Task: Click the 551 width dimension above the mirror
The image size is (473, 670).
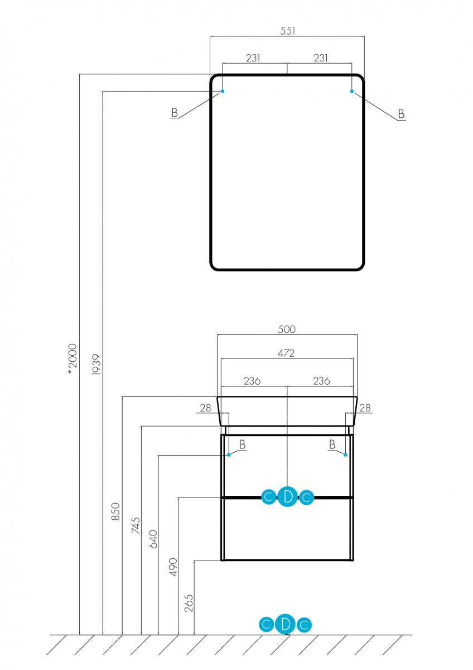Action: click(x=287, y=31)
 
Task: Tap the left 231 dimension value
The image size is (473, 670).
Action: click(x=253, y=58)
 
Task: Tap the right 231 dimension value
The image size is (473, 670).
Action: click(x=321, y=58)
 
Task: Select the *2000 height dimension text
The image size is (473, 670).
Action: click(x=73, y=359)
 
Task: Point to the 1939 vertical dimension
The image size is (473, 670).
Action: click(x=96, y=365)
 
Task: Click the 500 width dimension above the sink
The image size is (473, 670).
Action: click(x=287, y=329)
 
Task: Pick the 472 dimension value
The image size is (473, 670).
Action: click(x=286, y=353)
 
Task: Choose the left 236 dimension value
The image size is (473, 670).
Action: click(x=252, y=381)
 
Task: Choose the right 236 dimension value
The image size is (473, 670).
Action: click(x=321, y=381)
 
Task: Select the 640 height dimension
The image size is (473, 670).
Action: click(x=153, y=539)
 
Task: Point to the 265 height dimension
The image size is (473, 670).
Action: click(x=189, y=604)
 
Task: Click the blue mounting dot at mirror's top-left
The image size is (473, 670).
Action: click(x=223, y=91)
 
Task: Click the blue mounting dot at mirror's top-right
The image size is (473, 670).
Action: click(x=352, y=91)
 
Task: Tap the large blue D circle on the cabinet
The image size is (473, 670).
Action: click(x=287, y=496)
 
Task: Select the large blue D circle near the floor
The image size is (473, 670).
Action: click(x=286, y=624)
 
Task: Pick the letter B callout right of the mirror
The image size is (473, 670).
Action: click(x=401, y=114)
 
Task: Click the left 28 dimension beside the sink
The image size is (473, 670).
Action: click(x=205, y=408)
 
